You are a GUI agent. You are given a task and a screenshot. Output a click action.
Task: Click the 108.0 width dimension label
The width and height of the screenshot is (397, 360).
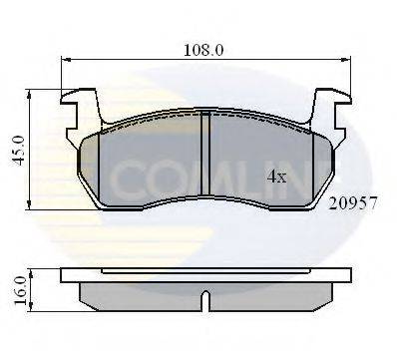coord(203,50)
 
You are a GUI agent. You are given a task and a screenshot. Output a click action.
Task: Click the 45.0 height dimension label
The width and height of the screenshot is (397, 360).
coord(20,150)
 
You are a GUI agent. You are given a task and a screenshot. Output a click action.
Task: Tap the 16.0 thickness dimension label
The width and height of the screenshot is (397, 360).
coord(20,290)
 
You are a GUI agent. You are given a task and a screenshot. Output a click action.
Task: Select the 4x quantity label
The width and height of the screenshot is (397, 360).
coord(276,178)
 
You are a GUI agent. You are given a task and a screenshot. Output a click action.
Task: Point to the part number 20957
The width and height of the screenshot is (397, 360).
coord(353,203)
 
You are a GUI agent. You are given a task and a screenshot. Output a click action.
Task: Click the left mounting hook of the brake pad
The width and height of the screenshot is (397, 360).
coord(82,112)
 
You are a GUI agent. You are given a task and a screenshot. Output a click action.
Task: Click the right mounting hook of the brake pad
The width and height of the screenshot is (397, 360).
coord(330,112)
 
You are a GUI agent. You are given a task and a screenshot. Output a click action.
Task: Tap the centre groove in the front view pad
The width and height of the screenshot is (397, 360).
coord(205,154)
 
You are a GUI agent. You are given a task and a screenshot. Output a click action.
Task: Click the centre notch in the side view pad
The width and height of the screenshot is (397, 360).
coord(205,300)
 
